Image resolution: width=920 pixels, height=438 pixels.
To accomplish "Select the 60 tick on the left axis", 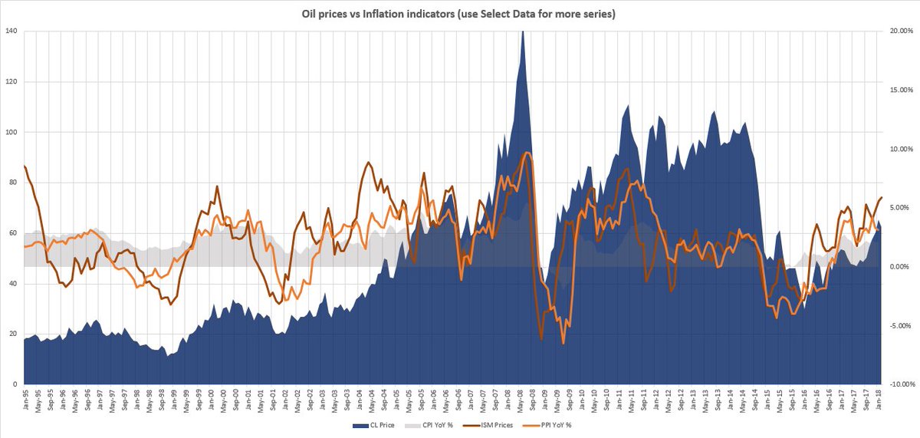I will (13, 233).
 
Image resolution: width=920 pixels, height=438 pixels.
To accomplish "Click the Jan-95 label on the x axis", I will (27, 400).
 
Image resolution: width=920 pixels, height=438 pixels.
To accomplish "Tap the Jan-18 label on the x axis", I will (879, 400).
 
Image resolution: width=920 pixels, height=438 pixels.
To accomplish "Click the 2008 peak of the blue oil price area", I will (522, 32).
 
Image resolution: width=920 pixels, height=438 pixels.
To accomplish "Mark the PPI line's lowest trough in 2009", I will (563, 343).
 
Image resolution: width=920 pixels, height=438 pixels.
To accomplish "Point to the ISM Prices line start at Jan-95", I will (25, 166).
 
